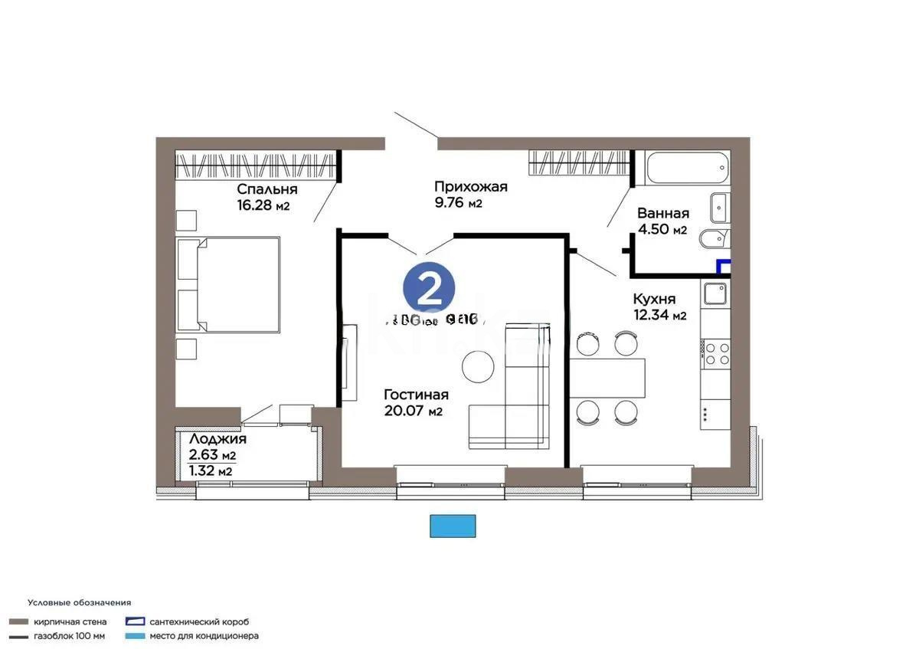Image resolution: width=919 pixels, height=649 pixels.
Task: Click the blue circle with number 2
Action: coord(429,289)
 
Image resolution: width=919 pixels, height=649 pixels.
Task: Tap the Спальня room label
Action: coord(267,189)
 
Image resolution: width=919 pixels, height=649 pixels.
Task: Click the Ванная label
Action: coord(663,214)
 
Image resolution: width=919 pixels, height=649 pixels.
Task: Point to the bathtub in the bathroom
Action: coord(688,168)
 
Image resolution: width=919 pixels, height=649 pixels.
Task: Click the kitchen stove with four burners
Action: coord(717,352)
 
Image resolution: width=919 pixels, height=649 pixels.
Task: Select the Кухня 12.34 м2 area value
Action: coord(659,315)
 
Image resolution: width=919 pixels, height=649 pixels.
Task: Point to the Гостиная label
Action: coord(416,395)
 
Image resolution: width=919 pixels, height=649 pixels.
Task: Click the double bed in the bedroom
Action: coord(228,284)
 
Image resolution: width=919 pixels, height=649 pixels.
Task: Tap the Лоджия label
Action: coord(217,439)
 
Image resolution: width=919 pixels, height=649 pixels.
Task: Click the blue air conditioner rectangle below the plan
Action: coord(453,526)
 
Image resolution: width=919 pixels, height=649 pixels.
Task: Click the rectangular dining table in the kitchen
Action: coord(607,378)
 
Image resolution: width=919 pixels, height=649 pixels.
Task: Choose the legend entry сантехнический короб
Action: coord(199,621)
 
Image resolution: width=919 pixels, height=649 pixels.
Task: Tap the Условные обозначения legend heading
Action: coord(79,602)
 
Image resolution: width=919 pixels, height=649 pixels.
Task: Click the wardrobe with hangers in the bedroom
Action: coord(257,166)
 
